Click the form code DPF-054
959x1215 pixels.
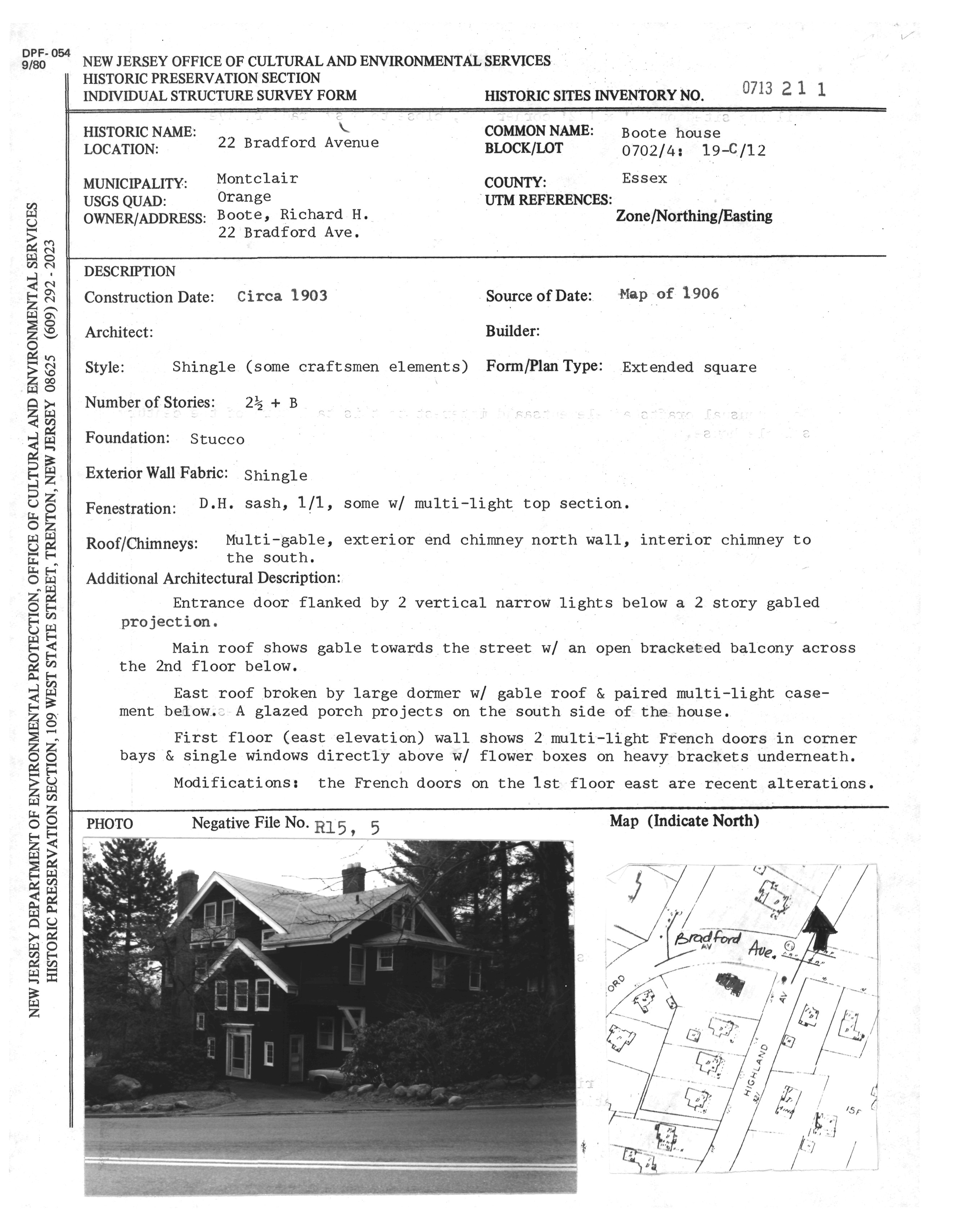coord(46,54)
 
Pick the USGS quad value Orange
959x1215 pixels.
coord(244,196)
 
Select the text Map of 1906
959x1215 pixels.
coord(669,294)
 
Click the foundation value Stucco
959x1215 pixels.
coord(217,439)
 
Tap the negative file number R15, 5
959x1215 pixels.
coord(347,827)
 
